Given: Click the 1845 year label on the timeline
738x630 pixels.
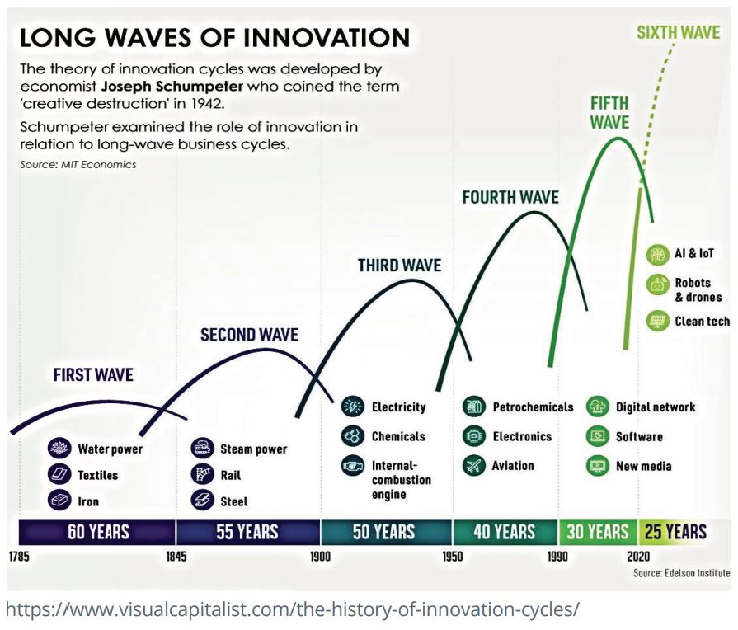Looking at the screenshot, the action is click(176, 557).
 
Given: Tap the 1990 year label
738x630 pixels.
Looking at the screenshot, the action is click(557, 557).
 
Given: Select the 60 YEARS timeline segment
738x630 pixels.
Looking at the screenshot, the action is click(97, 532).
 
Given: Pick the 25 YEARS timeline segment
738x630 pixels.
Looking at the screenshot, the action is click(675, 532).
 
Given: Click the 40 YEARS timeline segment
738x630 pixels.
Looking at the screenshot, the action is click(505, 532).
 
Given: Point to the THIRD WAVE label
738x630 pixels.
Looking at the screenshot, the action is click(400, 266).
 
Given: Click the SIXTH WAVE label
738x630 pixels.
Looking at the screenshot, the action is click(679, 32).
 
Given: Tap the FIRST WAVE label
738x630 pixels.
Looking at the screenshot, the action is click(93, 375).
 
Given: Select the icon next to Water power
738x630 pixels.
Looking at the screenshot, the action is click(59, 448).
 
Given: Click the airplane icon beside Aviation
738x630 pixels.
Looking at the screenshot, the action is click(473, 466).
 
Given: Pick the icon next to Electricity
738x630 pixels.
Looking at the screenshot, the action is click(353, 407).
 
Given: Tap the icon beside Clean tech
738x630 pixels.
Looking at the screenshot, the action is click(657, 321).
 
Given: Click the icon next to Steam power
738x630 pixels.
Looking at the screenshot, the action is click(202, 448).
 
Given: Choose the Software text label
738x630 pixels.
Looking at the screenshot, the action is click(639, 437).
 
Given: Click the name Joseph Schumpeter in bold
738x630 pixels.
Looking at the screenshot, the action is click(172, 87).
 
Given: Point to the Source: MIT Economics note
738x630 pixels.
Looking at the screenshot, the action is click(78, 165).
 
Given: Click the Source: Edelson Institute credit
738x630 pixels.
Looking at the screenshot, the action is click(682, 573).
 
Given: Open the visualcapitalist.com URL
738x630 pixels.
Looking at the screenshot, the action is click(292, 609).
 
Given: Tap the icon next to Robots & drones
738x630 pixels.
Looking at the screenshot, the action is click(657, 284).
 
